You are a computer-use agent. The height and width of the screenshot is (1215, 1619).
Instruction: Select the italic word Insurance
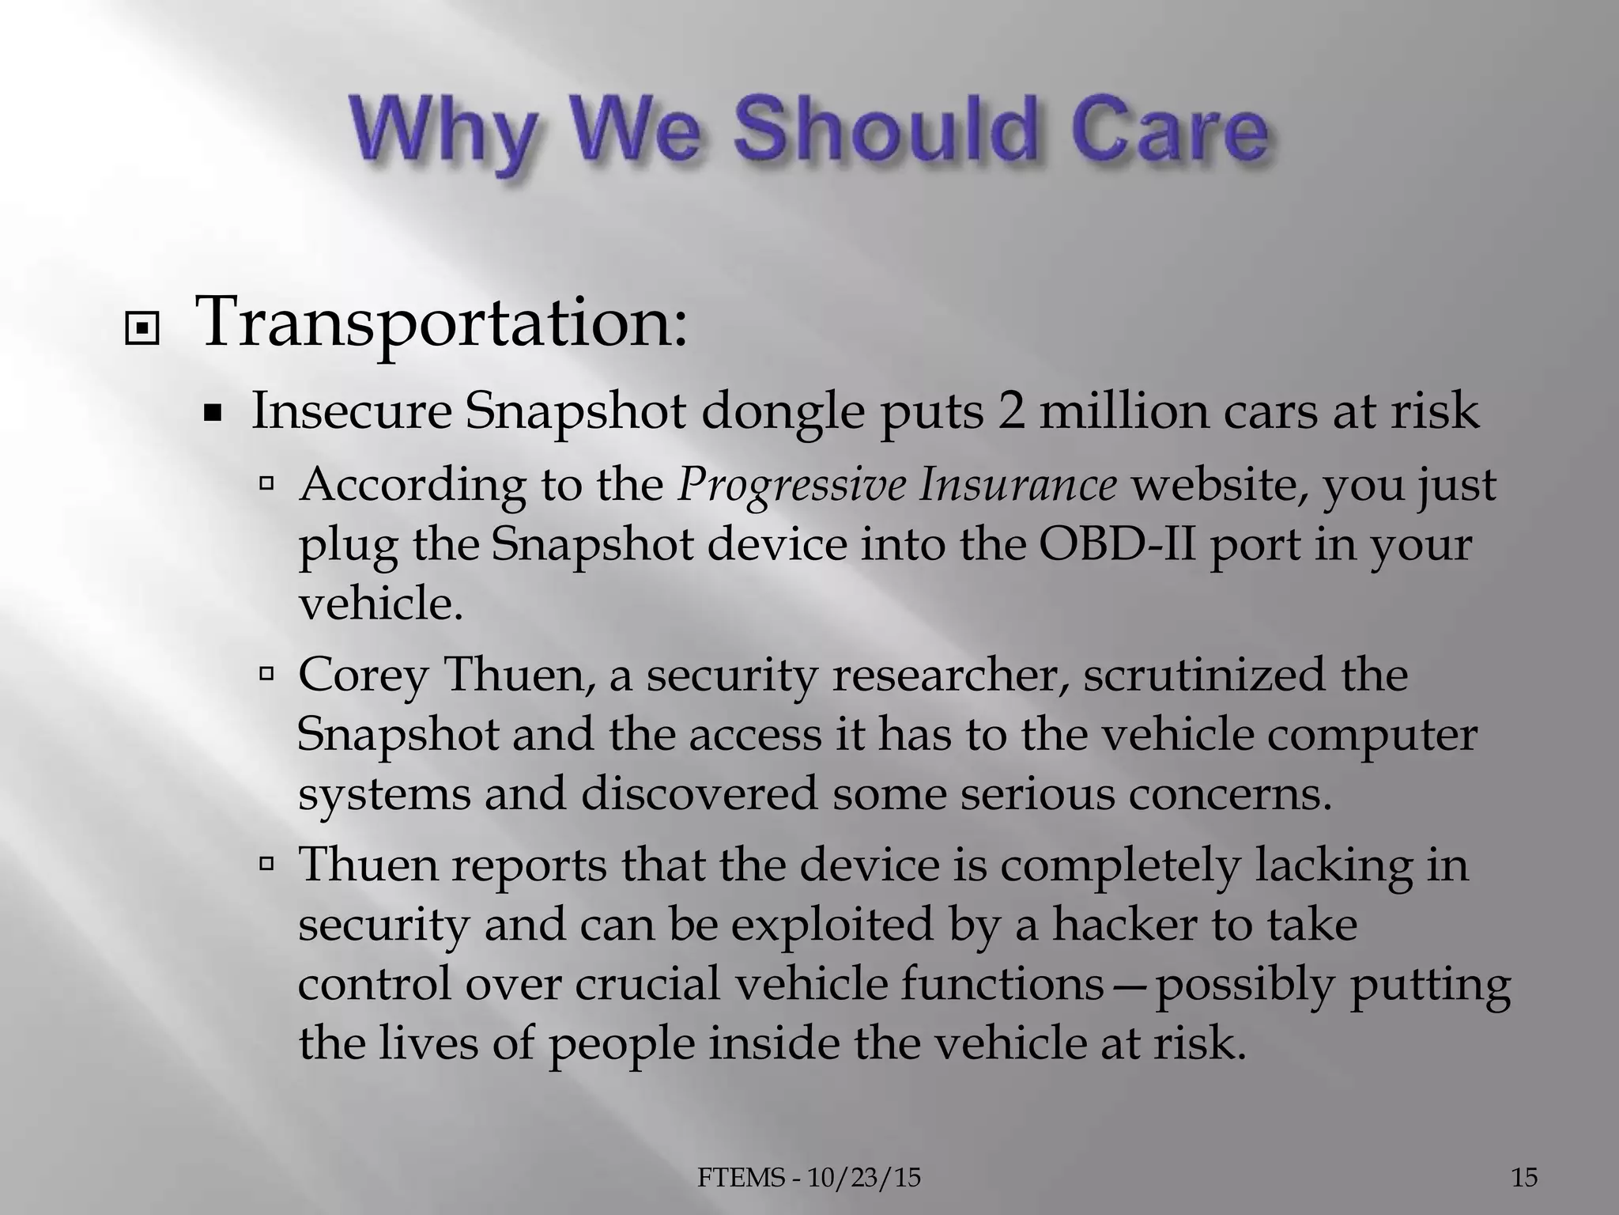1017,485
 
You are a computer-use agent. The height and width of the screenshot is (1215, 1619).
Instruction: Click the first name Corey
364,677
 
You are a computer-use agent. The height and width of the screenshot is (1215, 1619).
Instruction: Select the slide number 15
1524,1179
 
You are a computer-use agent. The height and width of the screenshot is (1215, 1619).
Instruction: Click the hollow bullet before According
266,481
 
